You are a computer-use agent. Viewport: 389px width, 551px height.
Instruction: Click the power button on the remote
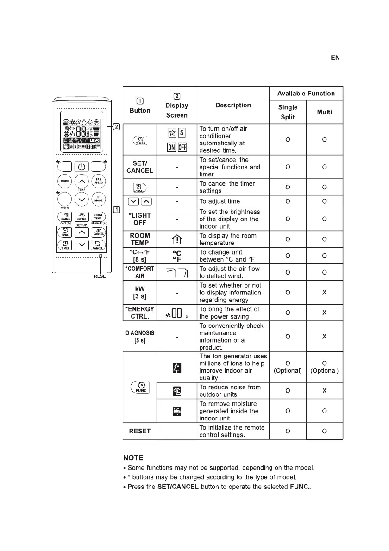point(82,167)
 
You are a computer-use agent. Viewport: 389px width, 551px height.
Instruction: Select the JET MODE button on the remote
point(99,200)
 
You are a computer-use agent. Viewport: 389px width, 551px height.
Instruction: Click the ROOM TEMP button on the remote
point(98,217)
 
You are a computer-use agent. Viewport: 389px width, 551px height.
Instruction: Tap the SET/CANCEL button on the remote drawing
point(98,232)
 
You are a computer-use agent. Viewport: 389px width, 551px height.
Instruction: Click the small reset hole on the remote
point(100,268)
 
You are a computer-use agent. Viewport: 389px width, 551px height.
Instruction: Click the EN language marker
point(335,58)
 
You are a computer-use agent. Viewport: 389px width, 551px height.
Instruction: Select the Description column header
point(233,105)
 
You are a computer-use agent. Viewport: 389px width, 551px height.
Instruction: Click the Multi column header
point(324,112)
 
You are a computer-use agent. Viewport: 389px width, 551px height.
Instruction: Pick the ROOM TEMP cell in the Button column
point(140,239)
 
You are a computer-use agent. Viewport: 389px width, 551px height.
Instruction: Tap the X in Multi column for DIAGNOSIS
point(324,337)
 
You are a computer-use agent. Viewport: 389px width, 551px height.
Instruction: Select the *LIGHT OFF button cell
point(140,219)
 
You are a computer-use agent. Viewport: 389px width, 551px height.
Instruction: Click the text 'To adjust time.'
point(220,201)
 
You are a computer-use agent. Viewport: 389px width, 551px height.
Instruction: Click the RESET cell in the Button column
point(140,431)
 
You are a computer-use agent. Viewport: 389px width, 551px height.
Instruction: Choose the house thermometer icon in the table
point(177,239)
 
